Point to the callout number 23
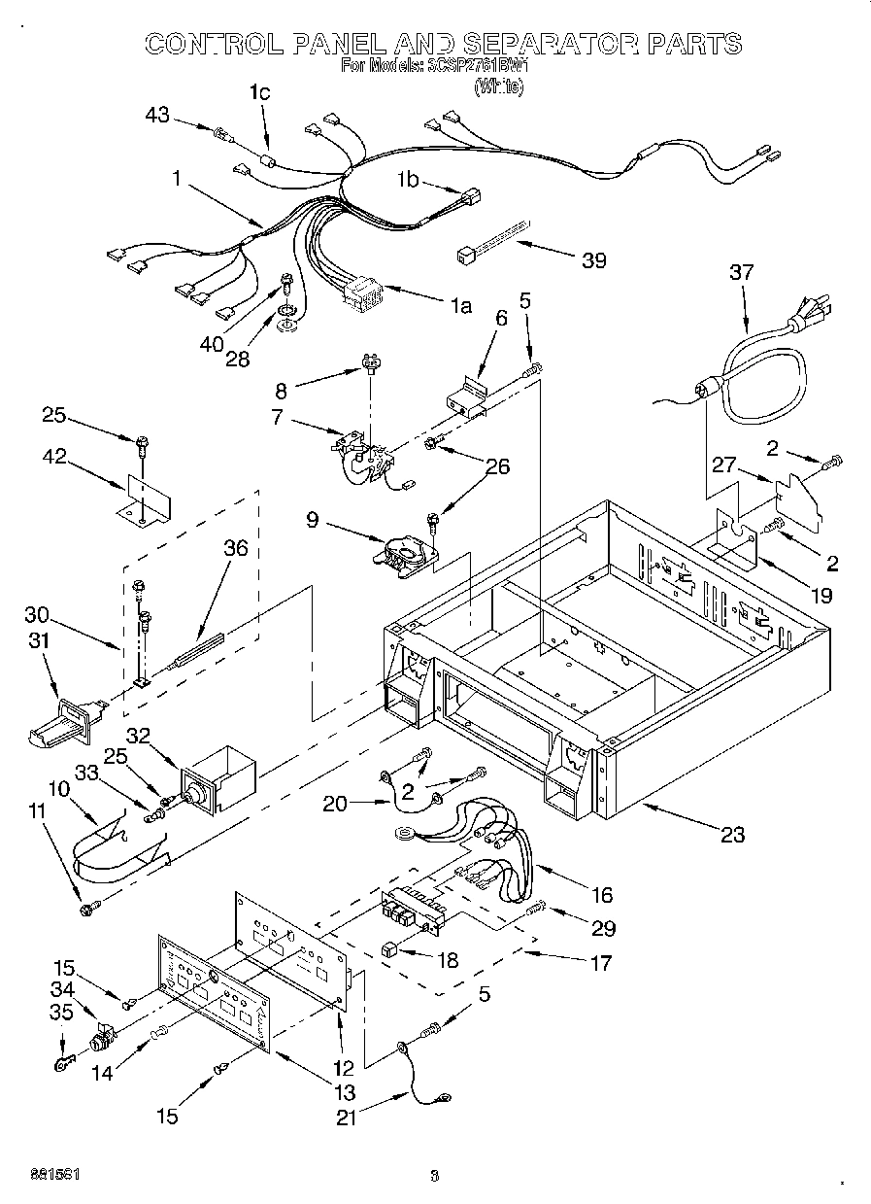point(733,833)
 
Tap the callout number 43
point(157,116)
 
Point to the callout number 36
point(235,548)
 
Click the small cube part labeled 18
point(390,949)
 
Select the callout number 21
point(347,1118)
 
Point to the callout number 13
point(343,1091)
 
